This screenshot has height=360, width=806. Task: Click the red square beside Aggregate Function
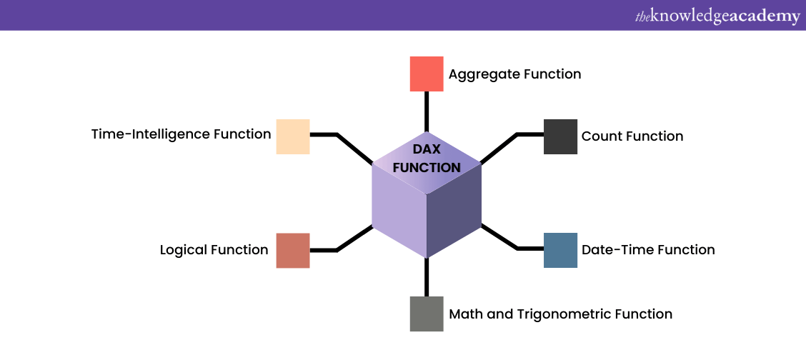pyautogui.click(x=427, y=74)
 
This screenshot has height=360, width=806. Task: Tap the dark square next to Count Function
pyautogui.click(x=560, y=136)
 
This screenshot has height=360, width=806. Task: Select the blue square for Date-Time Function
pyautogui.click(x=560, y=250)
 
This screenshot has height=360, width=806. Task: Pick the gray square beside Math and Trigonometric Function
pyautogui.click(x=427, y=314)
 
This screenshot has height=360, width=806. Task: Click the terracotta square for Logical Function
pyautogui.click(x=293, y=250)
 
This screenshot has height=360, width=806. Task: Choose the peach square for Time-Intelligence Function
pyautogui.click(x=293, y=136)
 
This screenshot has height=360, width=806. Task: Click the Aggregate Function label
pyautogui.click(x=514, y=74)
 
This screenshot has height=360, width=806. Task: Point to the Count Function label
pyautogui.click(x=632, y=136)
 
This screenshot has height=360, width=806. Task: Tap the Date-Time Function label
pyautogui.click(x=648, y=250)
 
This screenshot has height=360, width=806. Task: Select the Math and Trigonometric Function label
pyautogui.click(x=560, y=314)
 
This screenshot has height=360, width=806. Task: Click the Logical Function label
pyautogui.click(x=214, y=250)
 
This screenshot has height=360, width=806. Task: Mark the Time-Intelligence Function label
pyautogui.click(x=181, y=134)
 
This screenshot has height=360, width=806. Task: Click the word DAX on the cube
pyautogui.click(x=427, y=149)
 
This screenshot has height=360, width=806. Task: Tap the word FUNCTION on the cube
pyautogui.click(x=427, y=168)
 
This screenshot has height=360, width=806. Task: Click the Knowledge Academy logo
pyautogui.click(x=717, y=16)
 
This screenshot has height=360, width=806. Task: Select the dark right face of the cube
pyautogui.click(x=454, y=214)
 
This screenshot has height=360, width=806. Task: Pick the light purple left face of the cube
pyautogui.click(x=399, y=214)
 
